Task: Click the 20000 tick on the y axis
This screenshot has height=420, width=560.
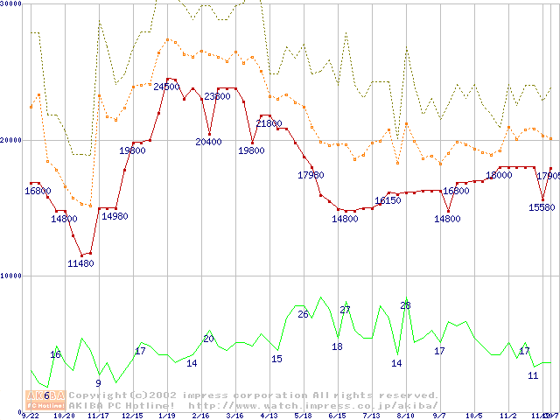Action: (x=11, y=140)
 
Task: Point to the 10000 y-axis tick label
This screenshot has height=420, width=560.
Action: (x=11, y=276)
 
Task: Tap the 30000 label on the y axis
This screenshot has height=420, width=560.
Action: (x=11, y=4)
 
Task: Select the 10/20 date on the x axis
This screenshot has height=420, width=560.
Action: (x=64, y=416)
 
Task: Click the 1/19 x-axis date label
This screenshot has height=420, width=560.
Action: (x=166, y=416)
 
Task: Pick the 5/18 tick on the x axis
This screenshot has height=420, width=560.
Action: (x=303, y=416)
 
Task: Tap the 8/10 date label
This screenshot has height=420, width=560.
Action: (x=405, y=416)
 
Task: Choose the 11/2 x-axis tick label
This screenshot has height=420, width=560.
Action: (x=507, y=416)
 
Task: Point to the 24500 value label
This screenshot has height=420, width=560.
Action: (x=166, y=87)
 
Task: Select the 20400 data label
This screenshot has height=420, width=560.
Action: (x=208, y=142)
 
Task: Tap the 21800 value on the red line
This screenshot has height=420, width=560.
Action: (x=269, y=123)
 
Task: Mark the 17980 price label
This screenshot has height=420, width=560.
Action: (x=311, y=175)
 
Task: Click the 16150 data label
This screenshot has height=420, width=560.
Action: (x=388, y=200)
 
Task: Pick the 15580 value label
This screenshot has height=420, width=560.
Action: (x=542, y=207)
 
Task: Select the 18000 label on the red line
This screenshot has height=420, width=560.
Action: (x=499, y=175)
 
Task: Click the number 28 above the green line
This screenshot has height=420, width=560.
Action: (x=405, y=305)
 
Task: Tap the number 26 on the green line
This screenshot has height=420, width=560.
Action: (x=303, y=314)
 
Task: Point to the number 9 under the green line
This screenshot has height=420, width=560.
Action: (x=98, y=382)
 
